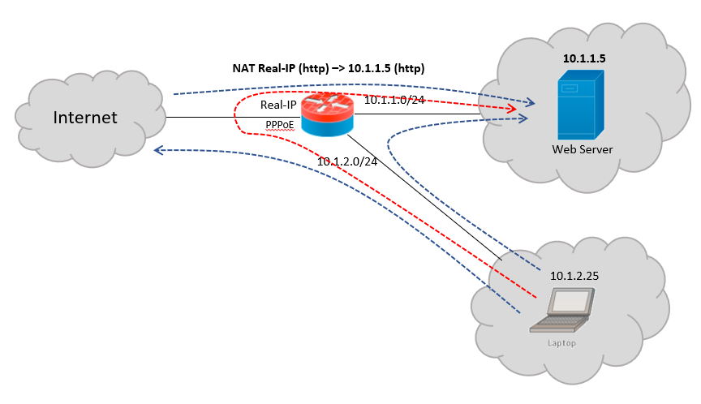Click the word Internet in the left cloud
coord(85,118)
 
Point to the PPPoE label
coord(279,124)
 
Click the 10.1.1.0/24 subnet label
coord(394,100)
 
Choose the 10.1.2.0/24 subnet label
coord(347,161)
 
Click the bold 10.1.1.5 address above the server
coord(584,60)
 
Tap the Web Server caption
coord(583,150)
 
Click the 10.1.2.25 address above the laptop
coord(575,276)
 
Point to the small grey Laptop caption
coord(561,343)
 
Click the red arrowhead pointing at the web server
coord(511,108)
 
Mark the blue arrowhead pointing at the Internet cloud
coord(160,149)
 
